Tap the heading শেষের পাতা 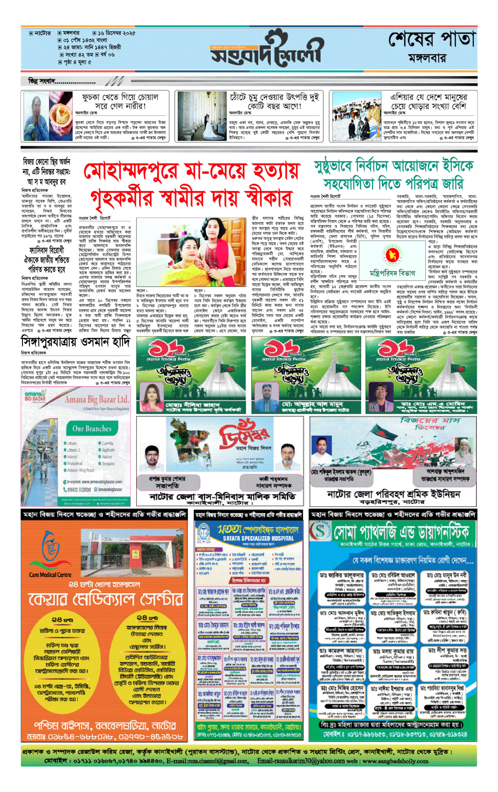pos(432,41)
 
